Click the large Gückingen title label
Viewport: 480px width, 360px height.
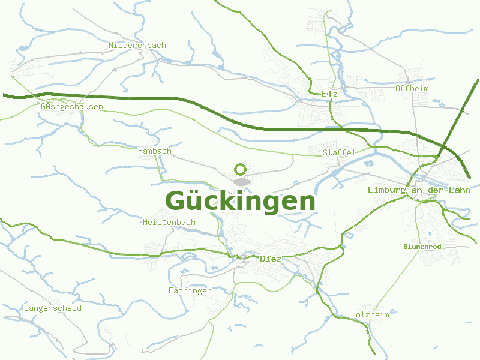pos(240,202)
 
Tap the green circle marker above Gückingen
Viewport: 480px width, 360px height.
pos(241,169)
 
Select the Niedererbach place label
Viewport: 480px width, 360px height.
pos(137,46)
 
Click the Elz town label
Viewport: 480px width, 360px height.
pos(330,94)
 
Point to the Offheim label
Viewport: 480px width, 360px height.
pos(412,89)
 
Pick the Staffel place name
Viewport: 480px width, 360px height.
pos(339,153)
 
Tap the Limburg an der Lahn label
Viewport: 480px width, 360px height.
pos(419,190)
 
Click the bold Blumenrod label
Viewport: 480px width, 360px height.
pos(422,247)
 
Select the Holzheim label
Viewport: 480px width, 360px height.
pos(370,315)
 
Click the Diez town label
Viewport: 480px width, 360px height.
pos(271,259)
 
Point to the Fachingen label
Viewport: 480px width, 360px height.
pos(190,291)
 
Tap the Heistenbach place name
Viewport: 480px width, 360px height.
pos(169,223)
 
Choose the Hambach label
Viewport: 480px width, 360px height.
pos(154,151)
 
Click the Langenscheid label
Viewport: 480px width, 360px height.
pos(52,308)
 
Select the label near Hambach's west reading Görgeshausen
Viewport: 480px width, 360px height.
pos(73,107)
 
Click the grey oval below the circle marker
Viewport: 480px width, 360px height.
pos(242,181)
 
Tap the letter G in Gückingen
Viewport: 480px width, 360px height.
pos(175,202)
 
